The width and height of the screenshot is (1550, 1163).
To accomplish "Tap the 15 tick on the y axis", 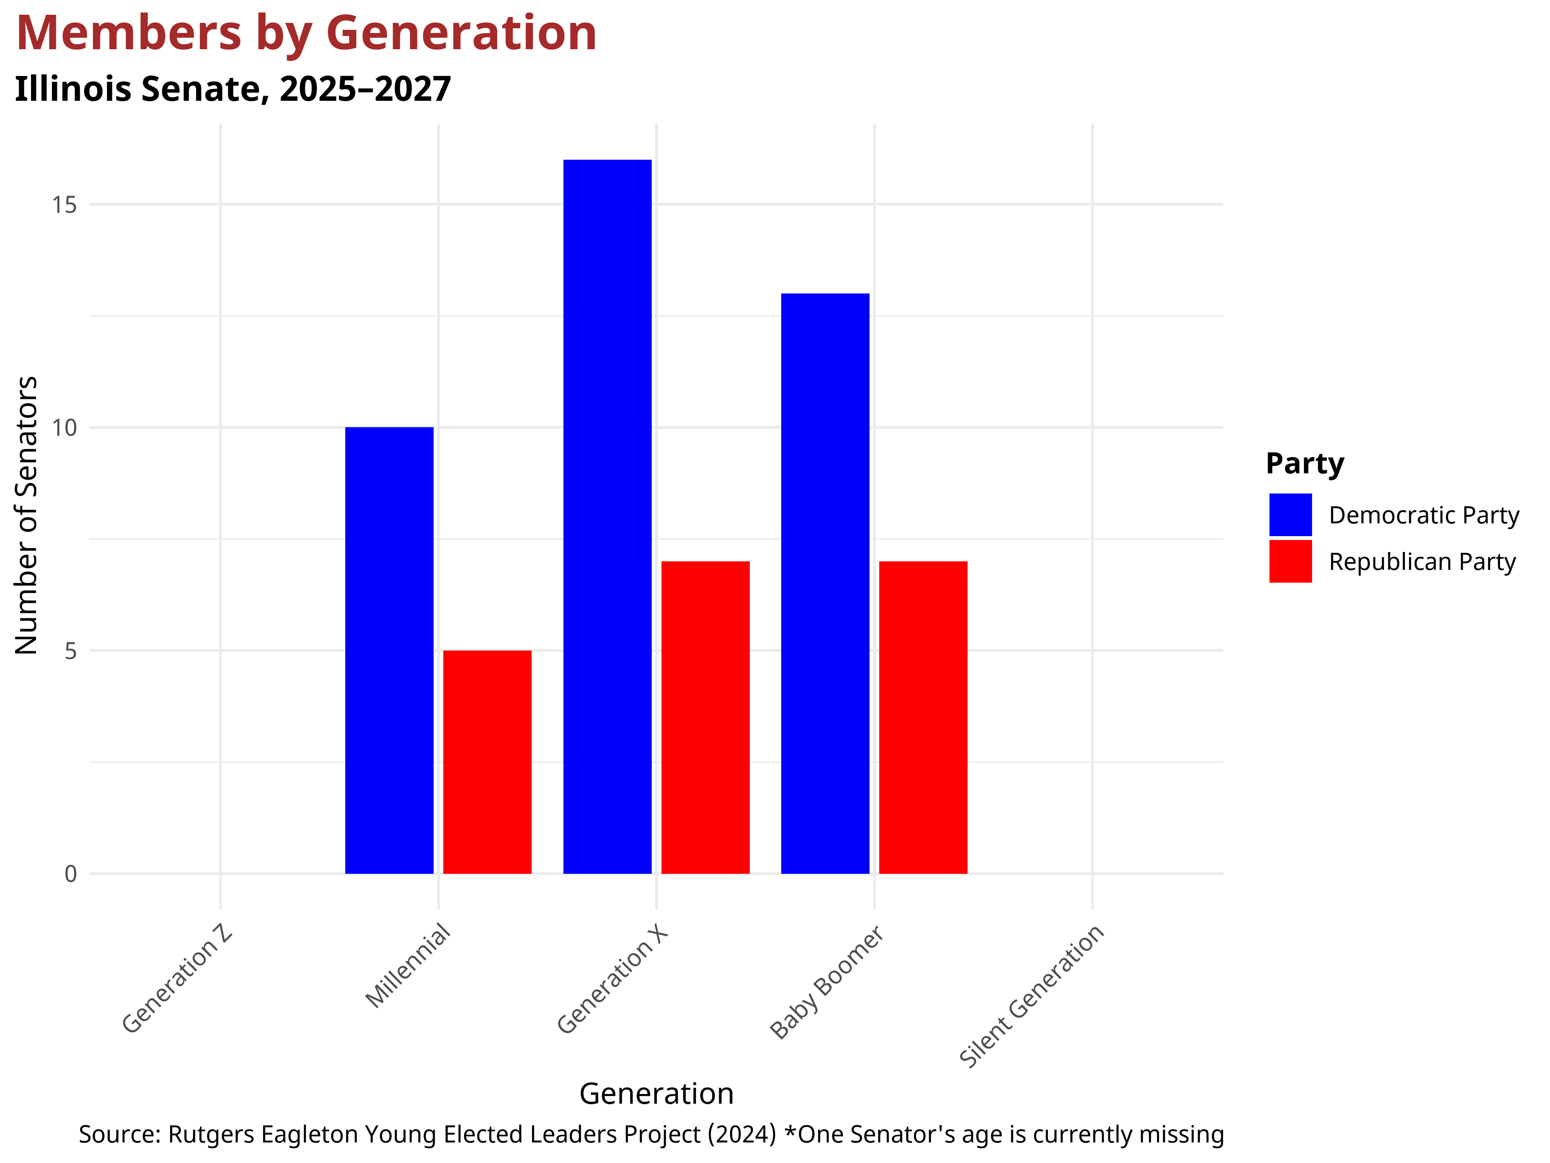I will [64, 205].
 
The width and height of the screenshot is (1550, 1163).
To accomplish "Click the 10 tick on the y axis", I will [64, 428].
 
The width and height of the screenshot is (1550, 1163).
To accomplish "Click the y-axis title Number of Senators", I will [27, 515].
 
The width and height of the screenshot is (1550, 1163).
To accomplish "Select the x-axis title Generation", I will [656, 1094].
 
